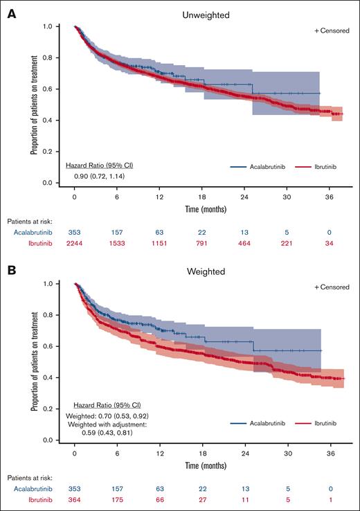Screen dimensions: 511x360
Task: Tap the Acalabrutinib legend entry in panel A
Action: click(254, 167)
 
